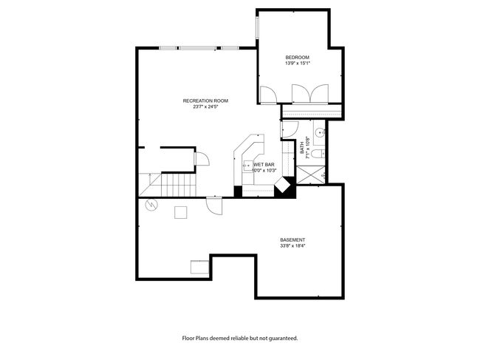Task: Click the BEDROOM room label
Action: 298,58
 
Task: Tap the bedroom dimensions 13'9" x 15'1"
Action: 298,64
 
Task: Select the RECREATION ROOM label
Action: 205,101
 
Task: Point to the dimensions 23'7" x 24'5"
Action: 205,107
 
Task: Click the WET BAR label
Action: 264,165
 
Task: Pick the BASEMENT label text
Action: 292,240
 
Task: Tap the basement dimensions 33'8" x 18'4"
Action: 293,245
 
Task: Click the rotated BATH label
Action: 303,148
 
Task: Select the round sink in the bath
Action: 320,132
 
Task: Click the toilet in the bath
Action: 318,154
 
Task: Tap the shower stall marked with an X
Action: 311,174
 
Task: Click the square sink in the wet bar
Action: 247,166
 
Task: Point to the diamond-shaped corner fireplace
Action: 282,185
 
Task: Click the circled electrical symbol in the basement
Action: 151,205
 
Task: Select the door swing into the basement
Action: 214,206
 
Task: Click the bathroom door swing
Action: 289,129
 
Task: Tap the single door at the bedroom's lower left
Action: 269,95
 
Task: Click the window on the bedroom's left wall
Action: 258,28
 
